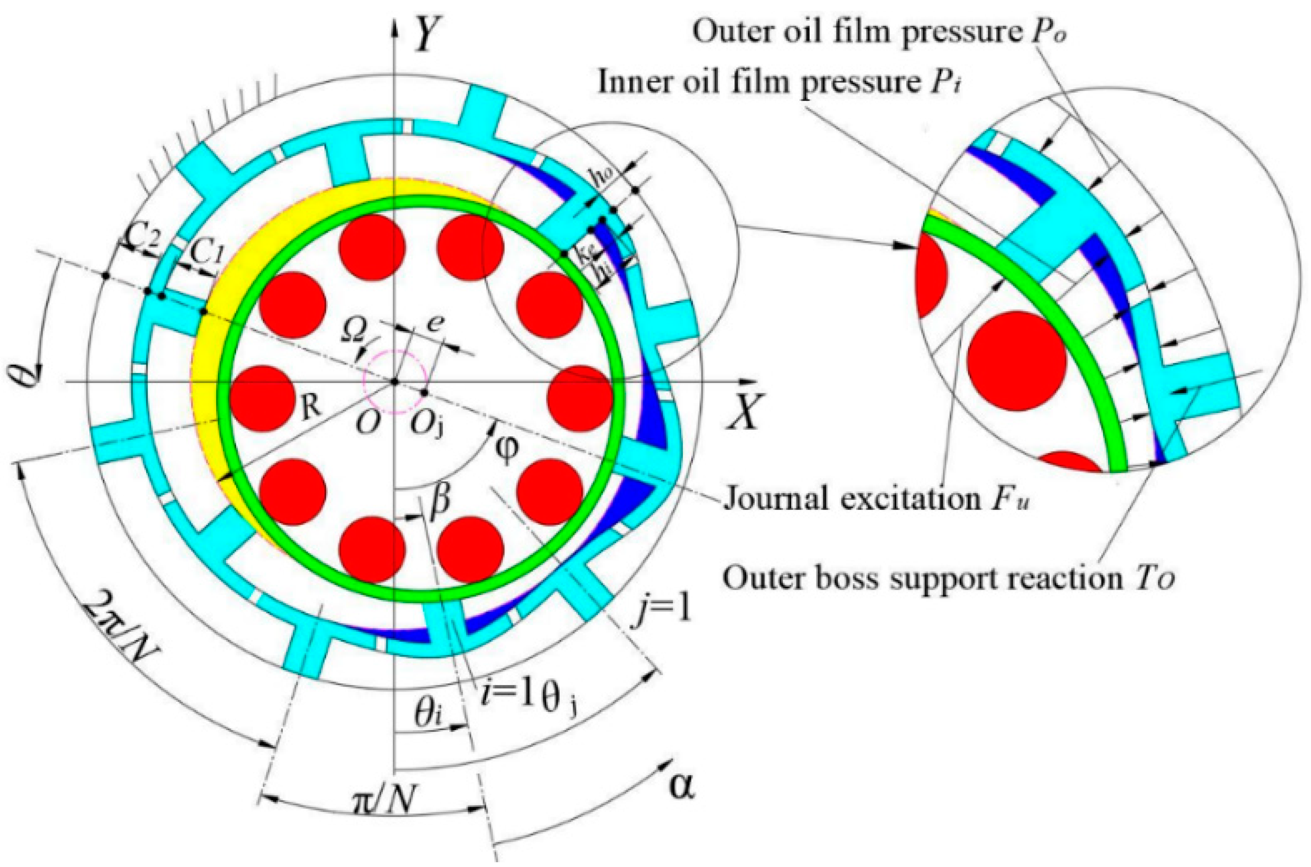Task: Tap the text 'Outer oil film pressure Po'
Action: [879, 33]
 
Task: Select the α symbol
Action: [681, 787]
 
